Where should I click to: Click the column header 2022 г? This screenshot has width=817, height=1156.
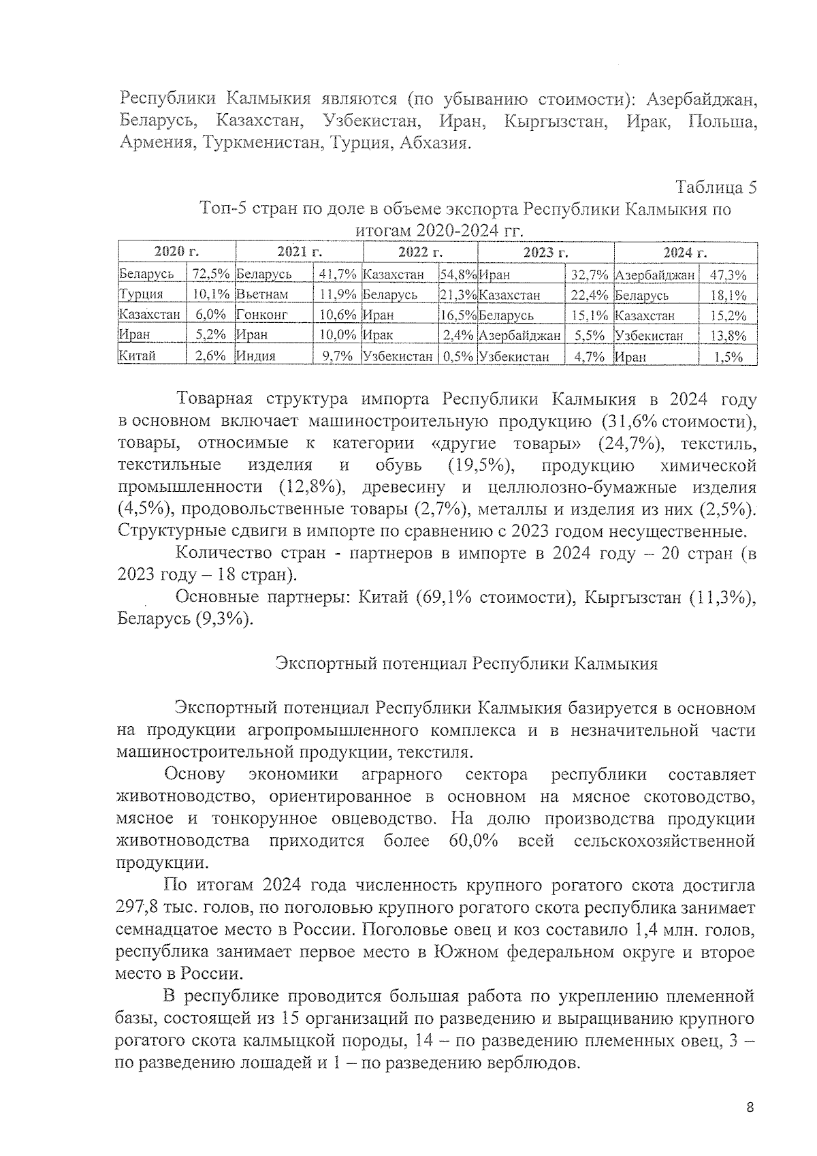click(420, 253)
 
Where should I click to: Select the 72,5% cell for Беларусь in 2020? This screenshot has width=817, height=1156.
click(210, 275)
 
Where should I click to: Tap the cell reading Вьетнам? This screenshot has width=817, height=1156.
click(262, 295)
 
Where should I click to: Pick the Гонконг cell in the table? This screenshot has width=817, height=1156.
click(262, 315)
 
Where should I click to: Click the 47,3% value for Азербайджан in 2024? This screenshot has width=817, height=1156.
click(728, 275)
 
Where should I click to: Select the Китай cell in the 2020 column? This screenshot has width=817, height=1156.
click(138, 356)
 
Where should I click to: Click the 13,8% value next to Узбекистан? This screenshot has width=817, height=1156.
click(728, 335)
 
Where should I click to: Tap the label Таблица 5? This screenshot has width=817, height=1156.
click(716, 187)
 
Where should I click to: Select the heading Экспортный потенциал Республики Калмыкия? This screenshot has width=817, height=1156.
click(466, 663)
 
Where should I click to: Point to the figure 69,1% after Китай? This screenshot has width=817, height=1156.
click(444, 597)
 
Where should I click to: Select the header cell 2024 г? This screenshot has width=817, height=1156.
click(685, 253)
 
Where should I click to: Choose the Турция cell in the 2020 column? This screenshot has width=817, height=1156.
click(141, 295)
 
